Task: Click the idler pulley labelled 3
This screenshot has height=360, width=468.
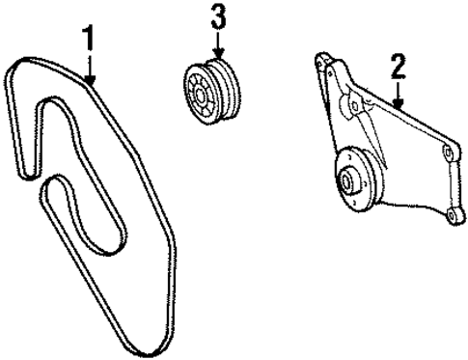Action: point(214,91)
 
